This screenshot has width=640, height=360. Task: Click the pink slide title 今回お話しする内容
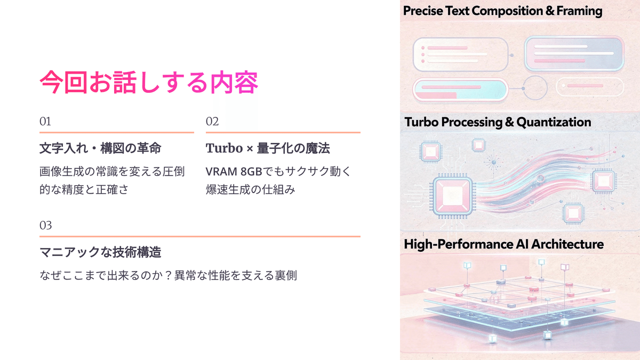click(149, 82)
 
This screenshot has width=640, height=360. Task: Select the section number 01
click(45, 122)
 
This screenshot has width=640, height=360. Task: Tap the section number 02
click(212, 122)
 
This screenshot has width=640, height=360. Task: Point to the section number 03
click(45, 226)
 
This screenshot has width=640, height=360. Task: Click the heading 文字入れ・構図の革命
click(100, 148)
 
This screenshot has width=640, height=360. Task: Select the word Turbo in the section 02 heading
click(224, 148)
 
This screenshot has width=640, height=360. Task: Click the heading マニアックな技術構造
click(100, 252)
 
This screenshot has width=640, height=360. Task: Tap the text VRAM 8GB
click(234, 172)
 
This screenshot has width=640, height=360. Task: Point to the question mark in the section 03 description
click(169, 275)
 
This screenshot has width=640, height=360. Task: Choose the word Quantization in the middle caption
click(554, 122)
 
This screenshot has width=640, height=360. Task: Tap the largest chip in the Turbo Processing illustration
click(453, 196)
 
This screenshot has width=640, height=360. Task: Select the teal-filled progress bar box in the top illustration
click(460, 90)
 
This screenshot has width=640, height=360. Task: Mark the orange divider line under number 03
click(200, 237)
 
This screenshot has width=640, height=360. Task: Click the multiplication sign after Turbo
click(250, 149)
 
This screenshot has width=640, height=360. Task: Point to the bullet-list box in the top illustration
click(460, 54)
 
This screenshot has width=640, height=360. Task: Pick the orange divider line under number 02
click(283, 133)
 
